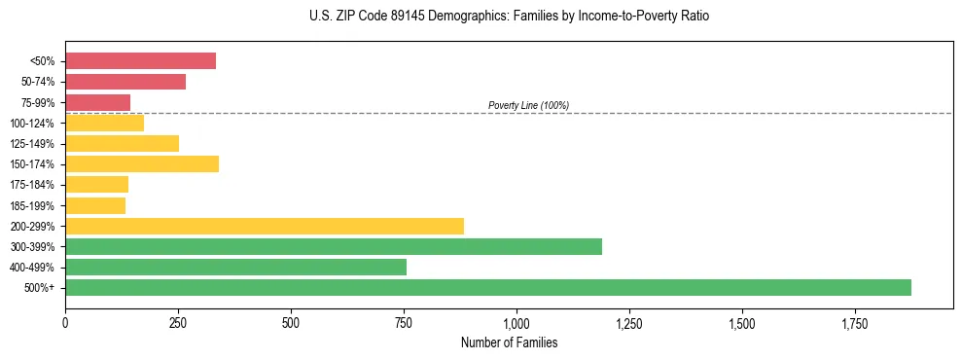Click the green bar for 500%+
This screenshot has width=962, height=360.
488,287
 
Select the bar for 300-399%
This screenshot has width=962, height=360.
334,246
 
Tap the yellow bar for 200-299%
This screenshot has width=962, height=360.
265,226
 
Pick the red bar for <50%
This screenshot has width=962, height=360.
140,61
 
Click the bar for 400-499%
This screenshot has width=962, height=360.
235,267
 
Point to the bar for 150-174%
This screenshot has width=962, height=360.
142,163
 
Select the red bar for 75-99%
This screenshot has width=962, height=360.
97,102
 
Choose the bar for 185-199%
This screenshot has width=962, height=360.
95,205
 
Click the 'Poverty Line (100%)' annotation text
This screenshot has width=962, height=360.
528,105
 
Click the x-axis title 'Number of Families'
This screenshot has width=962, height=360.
510,342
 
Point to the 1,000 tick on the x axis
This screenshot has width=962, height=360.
517,322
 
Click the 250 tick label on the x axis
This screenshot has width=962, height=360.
178,322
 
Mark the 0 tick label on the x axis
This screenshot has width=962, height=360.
65,322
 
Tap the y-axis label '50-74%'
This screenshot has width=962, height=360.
38,82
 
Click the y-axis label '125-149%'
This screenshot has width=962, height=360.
33,144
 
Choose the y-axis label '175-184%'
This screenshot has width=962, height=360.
33,185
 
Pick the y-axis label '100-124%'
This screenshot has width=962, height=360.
33,124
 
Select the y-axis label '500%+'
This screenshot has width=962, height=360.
40,288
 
